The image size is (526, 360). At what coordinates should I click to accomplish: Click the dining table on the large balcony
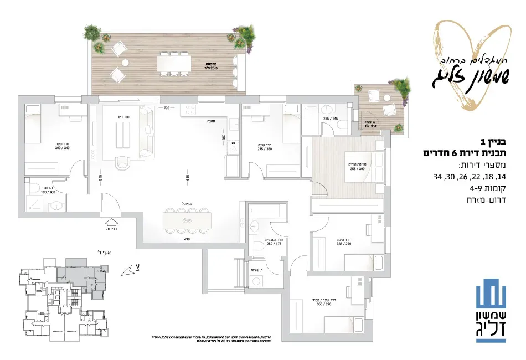tap(174, 62)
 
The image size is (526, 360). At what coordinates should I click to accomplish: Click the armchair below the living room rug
tap(123, 163)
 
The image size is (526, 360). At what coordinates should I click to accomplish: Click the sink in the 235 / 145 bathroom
tap(327, 109)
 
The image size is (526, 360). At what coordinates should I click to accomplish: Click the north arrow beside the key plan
tap(131, 270)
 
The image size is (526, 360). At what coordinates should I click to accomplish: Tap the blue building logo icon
tap(492, 293)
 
